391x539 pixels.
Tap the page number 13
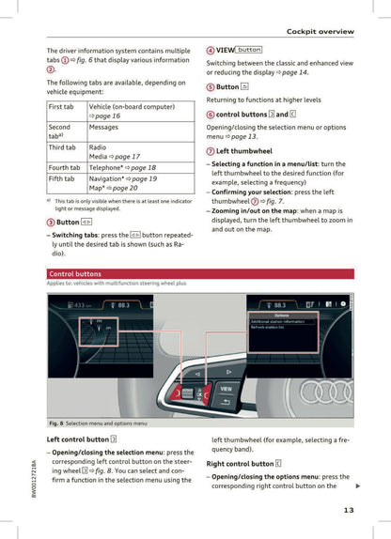348,511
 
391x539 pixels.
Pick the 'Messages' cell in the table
103,127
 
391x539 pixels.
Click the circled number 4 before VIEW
211,50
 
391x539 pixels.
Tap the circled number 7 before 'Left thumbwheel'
211,151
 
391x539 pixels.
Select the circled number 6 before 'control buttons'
211,115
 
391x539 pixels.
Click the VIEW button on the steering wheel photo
225,388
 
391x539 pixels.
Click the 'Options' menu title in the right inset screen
281,316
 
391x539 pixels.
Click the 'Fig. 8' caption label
58,423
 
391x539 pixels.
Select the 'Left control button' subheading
78,439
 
